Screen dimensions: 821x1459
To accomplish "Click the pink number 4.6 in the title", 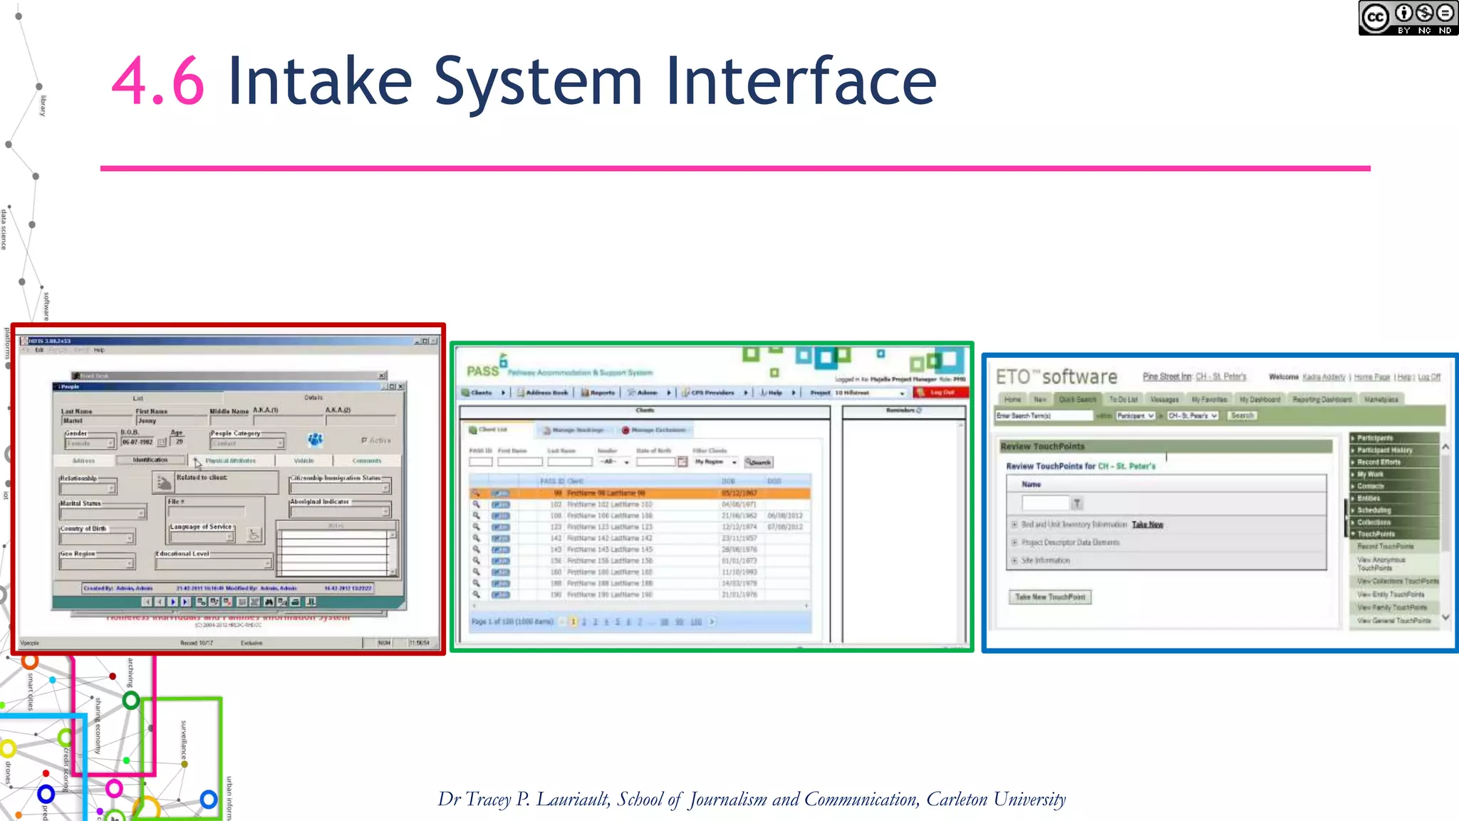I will (158, 81).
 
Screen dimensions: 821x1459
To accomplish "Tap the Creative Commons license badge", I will (1407, 18).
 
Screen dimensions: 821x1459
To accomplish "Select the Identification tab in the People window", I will (150, 460).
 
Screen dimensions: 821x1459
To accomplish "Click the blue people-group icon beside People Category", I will (315, 440).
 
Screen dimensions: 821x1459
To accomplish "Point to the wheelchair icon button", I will (254, 535).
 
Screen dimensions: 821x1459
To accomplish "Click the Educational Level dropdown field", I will (214, 564).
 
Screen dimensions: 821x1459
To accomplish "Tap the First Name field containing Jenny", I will (170, 421).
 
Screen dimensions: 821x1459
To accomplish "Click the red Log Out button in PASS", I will (941, 393).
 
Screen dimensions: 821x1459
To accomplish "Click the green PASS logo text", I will (482, 371).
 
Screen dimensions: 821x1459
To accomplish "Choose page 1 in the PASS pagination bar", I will (573, 622).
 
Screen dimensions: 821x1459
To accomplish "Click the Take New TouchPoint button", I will (1049, 597).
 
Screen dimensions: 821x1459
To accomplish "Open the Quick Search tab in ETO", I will (1076, 400).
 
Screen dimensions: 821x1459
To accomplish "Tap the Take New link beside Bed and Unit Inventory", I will (1147, 525).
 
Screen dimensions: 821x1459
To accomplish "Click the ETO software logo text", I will (1056, 377).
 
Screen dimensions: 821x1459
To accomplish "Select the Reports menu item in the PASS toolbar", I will (598, 393).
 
